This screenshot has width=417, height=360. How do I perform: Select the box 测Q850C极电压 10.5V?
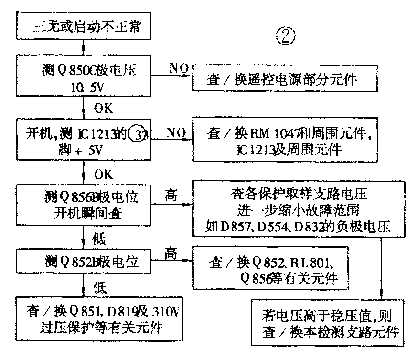[84, 77]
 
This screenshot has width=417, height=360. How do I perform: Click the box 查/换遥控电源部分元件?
[282, 78]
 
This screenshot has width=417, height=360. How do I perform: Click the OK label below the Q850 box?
[103, 109]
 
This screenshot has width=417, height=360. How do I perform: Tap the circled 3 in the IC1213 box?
[138, 133]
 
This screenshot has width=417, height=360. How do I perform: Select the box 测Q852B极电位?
[84, 261]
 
